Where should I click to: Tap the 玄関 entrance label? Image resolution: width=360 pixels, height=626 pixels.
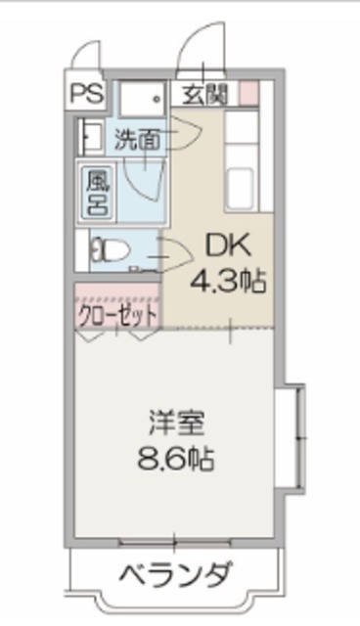pos(205,94)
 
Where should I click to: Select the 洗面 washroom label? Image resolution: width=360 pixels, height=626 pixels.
pos(137,139)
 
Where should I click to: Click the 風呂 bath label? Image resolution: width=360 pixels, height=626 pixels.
pos(98,193)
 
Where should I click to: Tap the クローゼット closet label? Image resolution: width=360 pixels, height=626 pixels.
pos(117,315)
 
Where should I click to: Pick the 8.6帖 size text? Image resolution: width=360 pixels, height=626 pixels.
pos(176,457)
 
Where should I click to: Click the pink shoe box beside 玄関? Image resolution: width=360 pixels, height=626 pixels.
pos(248,94)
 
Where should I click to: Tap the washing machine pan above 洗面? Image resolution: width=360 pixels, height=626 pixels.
pos(144,100)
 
